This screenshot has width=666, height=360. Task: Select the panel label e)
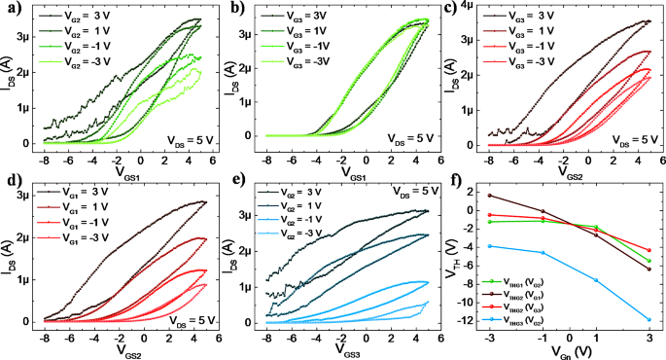233,181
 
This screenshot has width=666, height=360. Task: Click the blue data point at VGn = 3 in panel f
648,319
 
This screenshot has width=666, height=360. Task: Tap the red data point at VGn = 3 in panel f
648,250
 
